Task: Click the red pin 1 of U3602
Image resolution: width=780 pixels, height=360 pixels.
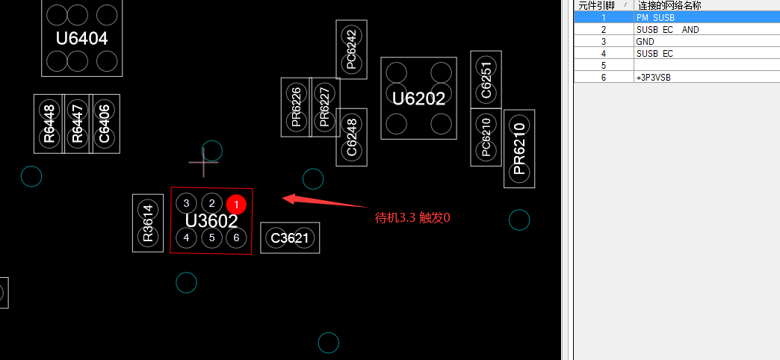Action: coord(236,205)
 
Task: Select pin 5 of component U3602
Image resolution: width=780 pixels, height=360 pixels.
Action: coord(212,238)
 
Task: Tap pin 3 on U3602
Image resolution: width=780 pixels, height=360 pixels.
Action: coord(187,203)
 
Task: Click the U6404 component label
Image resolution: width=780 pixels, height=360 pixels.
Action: coord(82,38)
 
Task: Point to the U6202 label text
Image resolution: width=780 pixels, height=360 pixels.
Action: coord(419,99)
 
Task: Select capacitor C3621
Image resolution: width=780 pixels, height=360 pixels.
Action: coord(290,238)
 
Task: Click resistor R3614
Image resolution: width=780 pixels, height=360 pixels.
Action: coord(148,223)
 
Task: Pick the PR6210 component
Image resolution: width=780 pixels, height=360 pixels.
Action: coord(519,149)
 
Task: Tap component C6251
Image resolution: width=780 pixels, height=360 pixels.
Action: coord(486,80)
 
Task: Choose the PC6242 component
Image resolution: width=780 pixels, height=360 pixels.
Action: coord(352,49)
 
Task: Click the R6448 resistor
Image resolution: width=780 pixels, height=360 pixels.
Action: coord(49,124)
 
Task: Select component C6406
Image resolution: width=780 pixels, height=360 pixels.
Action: coord(105,124)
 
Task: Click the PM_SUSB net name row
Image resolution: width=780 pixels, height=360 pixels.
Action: coord(677,17)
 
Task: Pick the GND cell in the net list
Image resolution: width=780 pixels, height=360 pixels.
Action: coord(646,41)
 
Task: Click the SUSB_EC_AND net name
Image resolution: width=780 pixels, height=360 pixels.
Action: coord(668,29)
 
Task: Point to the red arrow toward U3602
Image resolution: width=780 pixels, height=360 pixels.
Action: coord(325,201)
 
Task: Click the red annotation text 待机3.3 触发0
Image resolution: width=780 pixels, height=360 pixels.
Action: coord(412,218)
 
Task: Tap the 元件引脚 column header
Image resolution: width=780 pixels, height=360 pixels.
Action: coord(596,5)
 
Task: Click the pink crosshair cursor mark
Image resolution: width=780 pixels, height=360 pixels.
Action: coord(203,161)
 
